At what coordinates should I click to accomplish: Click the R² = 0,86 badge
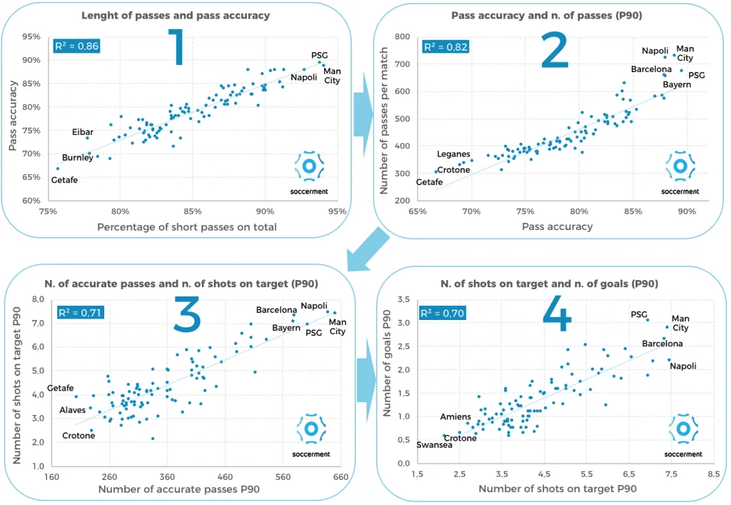pyautogui.click(x=76, y=46)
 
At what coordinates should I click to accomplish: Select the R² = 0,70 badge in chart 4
pyautogui.click(x=443, y=313)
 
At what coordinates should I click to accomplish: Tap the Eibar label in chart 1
pyautogui.click(x=83, y=132)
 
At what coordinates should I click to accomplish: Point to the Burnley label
pyautogui.click(x=77, y=158)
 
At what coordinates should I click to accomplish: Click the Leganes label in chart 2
pyautogui.click(x=453, y=154)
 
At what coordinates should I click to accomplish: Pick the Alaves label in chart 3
pyautogui.click(x=72, y=410)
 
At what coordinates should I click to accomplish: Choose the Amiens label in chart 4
pyautogui.click(x=455, y=416)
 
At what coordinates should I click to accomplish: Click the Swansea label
pyautogui.click(x=434, y=445)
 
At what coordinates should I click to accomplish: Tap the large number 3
pyautogui.click(x=186, y=316)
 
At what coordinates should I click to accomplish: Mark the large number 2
pyautogui.click(x=554, y=50)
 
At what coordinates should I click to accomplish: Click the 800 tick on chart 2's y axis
pyautogui.click(x=402, y=36)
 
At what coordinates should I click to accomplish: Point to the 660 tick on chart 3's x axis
pyautogui.click(x=341, y=477)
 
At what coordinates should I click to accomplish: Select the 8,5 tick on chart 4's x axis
pyautogui.click(x=713, y=474)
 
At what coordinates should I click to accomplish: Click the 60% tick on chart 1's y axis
pyautogui.click(x=31, y=201)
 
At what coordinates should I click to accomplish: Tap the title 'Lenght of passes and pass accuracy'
pyautogui.click(x=176, y=16)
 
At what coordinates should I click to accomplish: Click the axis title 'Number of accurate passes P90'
pyautogui.click(x=179, y=489)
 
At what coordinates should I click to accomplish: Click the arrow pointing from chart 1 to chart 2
pyautogui.click(x=363, y=115)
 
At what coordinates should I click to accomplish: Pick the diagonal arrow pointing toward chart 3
pyautogui.click(x=368, y=250)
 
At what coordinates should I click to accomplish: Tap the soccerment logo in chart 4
pyautogui.click(x=683, y=434)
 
